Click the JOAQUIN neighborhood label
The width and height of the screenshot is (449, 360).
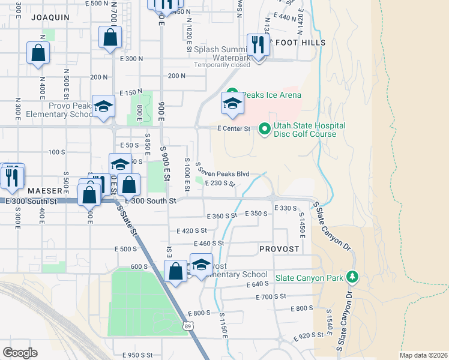pos(49,17)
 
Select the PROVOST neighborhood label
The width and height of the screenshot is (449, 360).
pos(279,248)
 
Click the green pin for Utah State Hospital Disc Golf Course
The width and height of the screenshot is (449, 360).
pos(264,129)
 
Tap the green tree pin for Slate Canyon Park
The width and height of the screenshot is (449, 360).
pos(352,277)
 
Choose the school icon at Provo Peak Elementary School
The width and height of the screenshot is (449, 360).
pos(104,106)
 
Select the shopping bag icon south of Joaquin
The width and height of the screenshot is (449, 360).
pos(38,52)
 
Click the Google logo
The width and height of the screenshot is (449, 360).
pos(20,352)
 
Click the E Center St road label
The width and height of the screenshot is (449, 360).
pos(233,128)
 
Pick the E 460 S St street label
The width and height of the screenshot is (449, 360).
pos(208,243)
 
